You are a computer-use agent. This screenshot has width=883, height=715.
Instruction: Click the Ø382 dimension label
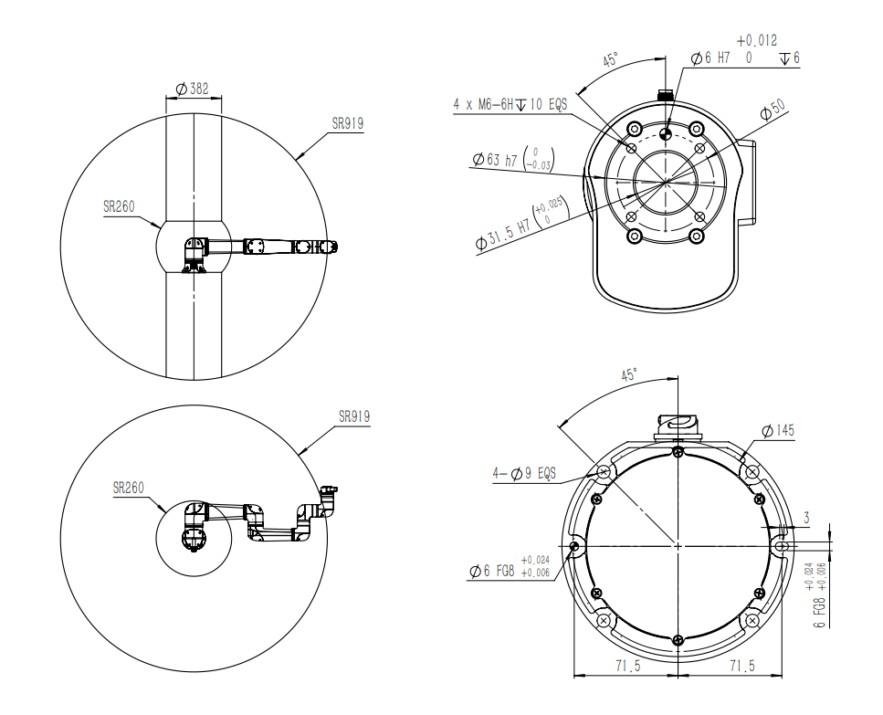[x=192, y=89]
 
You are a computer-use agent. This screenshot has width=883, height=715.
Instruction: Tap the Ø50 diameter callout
[x=773, y=110]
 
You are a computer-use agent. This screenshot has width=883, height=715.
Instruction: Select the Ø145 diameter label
[x=778, y=431]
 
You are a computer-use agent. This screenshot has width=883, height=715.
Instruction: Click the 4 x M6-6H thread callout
[x=510, y=104]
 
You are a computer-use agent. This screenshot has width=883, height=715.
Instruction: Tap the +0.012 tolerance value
[x=756, y=40]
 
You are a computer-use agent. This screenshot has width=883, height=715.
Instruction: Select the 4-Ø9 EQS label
[x=524, y=474]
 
